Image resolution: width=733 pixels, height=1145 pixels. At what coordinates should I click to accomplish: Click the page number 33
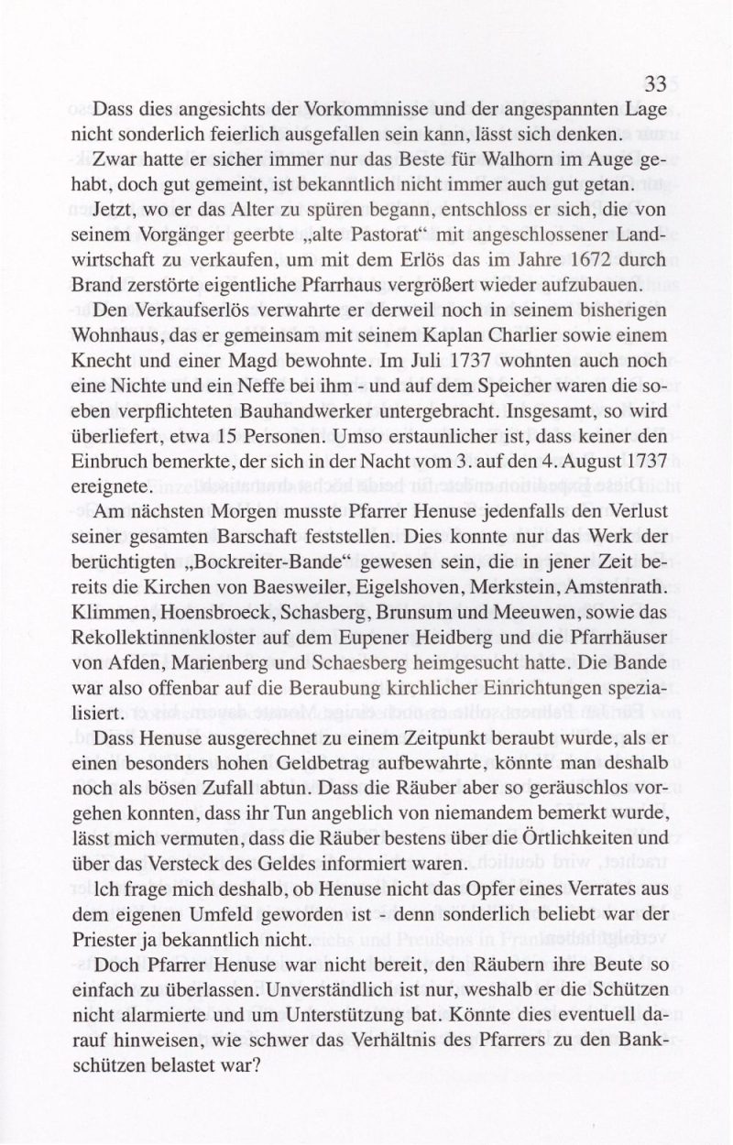[655, 84]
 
